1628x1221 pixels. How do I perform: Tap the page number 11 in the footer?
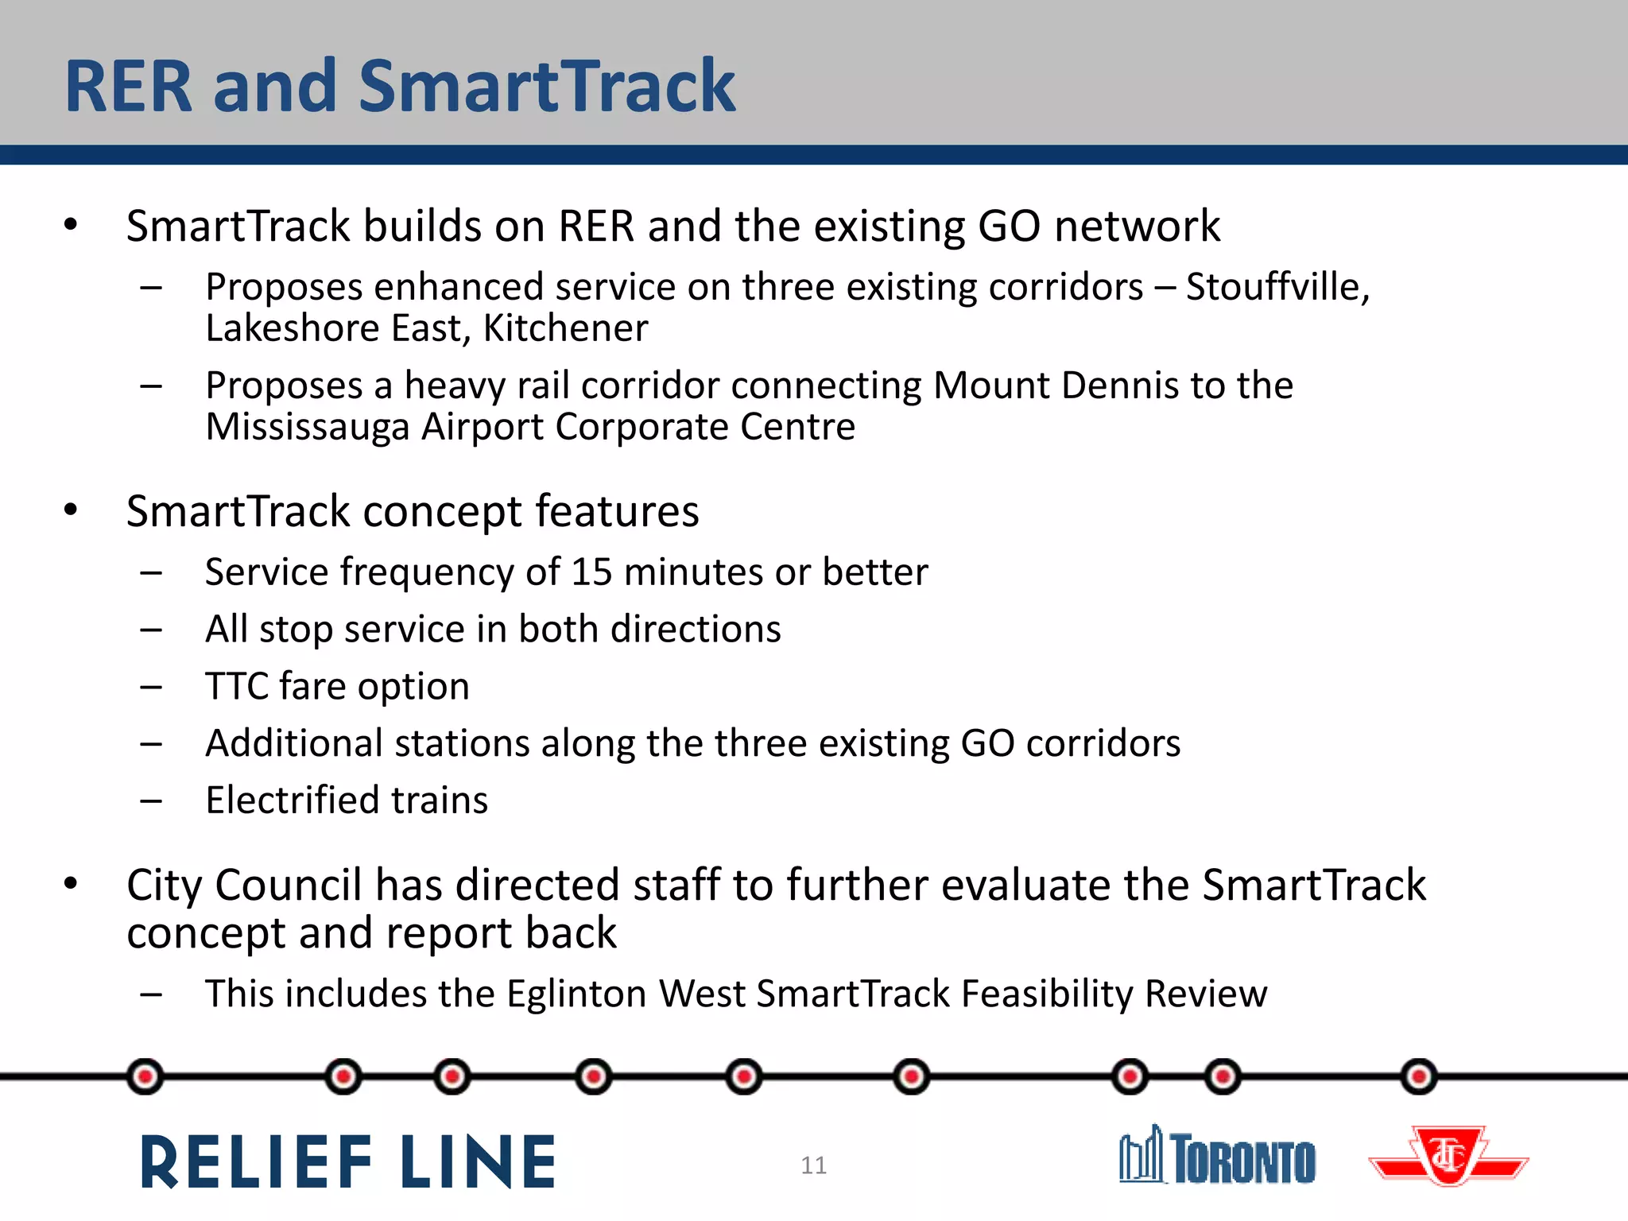(813, 1165)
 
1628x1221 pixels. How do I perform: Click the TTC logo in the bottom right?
(1448, 1157)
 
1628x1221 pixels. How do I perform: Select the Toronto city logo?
(1217, 1157)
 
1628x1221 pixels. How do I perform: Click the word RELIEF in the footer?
(256, 1162)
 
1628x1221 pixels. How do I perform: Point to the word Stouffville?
(1277, 287)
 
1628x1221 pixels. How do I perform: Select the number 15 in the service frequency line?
(591, 572)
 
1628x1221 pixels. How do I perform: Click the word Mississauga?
(307, 428)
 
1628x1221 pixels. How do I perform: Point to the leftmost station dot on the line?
(145, 1077)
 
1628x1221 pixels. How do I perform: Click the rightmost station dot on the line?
(1419, 1077)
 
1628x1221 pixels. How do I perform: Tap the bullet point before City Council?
(71, 884)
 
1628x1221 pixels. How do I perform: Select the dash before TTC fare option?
(151, 687)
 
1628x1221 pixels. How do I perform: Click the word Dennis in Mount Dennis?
(1118, 386)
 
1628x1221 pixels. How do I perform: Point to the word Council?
(289, 886)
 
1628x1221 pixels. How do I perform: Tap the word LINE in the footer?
(479, 1162)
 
